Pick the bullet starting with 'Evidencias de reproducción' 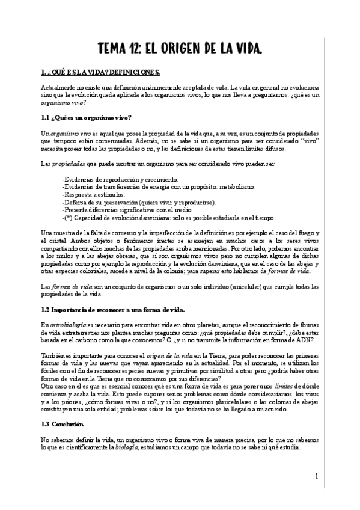click(120, 179)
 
